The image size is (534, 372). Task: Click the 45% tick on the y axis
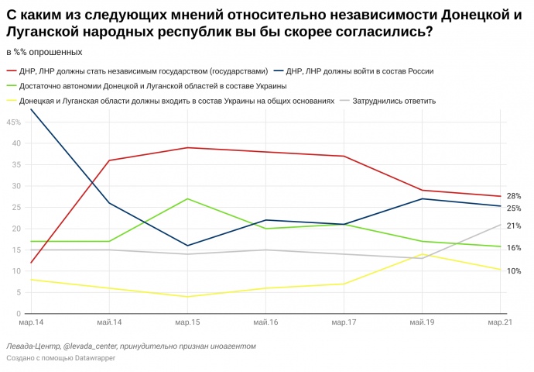pyautogui.click(x=15, y=122)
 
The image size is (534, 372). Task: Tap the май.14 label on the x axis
pyautogui.click(x=109, y=321)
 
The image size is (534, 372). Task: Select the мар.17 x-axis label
pyautogui.click(x=344, y=321)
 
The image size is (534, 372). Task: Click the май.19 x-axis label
pyautogui.click(x=422, y=321)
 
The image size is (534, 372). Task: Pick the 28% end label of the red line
pyautogui.click(x=514, y=196)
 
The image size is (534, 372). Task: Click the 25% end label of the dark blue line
pyautogui.click(x=514, y=208)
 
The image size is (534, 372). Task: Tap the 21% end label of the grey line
pyautogui.click(x=514, y=226)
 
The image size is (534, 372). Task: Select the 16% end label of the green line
pyautogui.click(x=514, y=247)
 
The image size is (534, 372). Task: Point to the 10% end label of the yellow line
pyautogui.click(x=514, y=270)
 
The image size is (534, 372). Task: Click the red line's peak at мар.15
pyautogui.click(x=187, y=147)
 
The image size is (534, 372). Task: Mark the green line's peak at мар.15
pyautogui.click(x=187, y=198)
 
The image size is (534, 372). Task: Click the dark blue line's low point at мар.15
pyautogui.click(x=187, y=246)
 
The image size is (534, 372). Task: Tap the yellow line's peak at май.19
pyautogui.click(x=422, y=254)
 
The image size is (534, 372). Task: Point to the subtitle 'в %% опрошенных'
pyautogui.click(x=43, y=52)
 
